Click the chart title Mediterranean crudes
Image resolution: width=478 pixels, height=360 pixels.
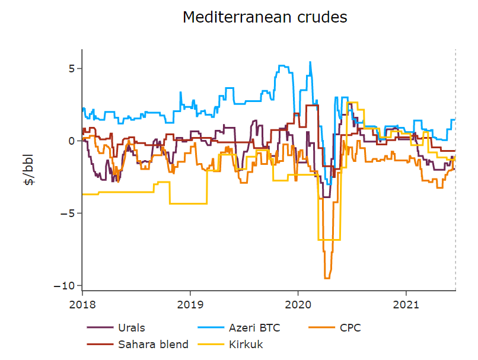(x=265, y=17)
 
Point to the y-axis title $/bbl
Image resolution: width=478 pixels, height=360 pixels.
(x=29, y=171)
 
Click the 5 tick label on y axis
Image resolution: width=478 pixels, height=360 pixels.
(x=71, y=68)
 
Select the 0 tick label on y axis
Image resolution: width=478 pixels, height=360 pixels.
(x=71, y=141)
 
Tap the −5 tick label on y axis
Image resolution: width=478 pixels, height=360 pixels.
(x=68, y=213)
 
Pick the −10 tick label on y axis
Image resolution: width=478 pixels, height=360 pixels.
(x=66, y=285)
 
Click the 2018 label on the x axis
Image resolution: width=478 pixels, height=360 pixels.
(x=82, y=305)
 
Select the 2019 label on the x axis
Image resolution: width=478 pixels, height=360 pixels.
(x=190, y=305)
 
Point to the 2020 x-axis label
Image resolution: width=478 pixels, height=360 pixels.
(x=298, y=305)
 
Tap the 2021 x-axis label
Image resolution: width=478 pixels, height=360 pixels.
(x=406, y=305)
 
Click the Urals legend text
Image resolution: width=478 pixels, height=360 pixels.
(x=131, y=327)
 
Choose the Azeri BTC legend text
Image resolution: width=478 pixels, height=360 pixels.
(x=254, y=327)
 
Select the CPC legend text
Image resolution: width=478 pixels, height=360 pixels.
(x=350, y=327)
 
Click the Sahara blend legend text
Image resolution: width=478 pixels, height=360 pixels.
(x=153, y=344)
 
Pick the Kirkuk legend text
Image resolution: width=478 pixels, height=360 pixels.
(x=246, y=344)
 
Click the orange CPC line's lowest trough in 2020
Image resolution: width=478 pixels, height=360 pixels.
(x=327, y=278)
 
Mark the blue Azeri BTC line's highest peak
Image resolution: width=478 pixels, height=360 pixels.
(x=310, y=62)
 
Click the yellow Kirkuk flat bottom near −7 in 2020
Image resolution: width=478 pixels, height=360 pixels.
(x=329, y=240)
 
